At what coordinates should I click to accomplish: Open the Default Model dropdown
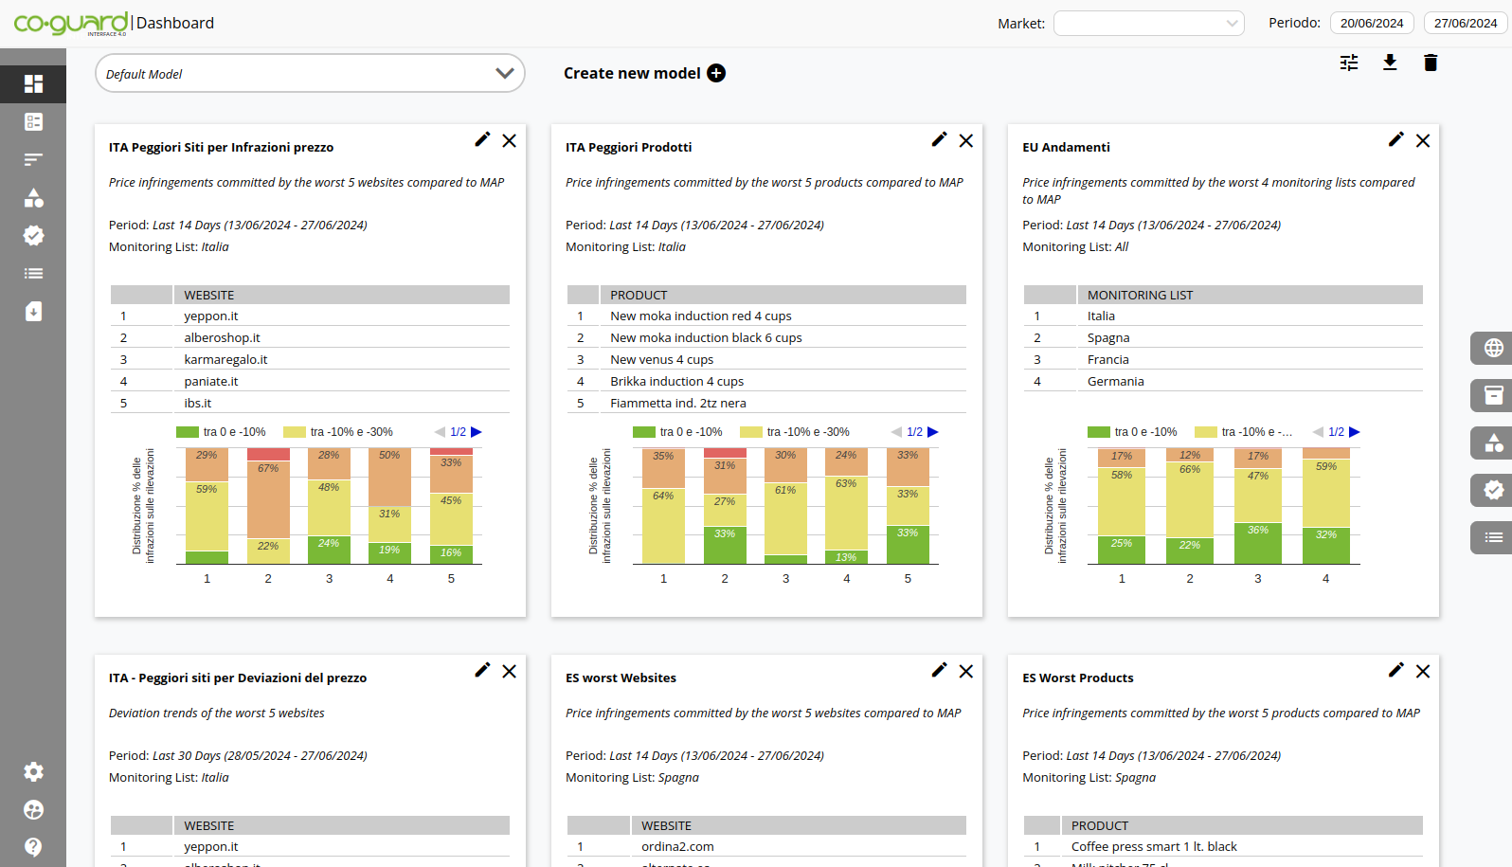point(310,73)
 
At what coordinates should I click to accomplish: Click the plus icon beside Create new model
point(716,73)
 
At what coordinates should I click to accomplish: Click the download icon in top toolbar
point(1390,63)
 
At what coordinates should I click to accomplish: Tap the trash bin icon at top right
point(1431,63)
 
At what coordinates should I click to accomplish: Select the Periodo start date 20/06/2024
point(1371,23)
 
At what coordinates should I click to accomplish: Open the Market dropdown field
point(1148,23)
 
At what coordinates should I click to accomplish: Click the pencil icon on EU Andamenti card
point(1395,139)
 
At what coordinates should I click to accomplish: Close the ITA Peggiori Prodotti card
point(965,140)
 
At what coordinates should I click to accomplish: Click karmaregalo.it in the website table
point(225,359)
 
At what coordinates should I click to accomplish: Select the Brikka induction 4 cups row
point(676,381)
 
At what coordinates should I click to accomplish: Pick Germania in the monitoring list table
point(1115,381)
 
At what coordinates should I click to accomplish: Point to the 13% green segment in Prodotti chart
point(846,557)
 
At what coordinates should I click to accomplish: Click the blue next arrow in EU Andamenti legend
point(1354,431)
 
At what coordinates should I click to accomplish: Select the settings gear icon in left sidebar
point(33,771)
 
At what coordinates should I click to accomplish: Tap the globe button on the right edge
point(1492,348)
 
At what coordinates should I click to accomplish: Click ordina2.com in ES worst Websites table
point(677,846)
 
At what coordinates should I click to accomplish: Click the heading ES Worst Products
point(1077,677)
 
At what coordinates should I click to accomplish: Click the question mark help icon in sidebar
point(33,846)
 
